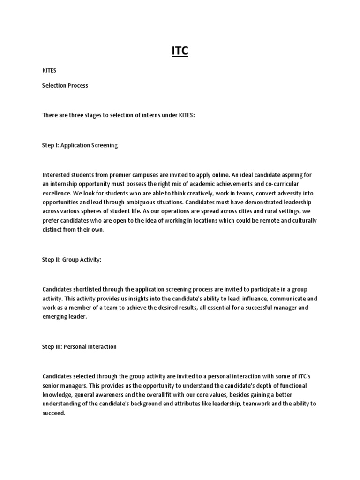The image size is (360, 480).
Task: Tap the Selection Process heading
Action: (x=65, y=86)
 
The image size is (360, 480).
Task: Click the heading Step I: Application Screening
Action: (x=80, y=145)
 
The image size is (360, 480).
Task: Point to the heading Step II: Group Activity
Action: (x=72, y=260)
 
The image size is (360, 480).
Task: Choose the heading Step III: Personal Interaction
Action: (x=79, y=347)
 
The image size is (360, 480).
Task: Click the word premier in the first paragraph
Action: (x=118, y=175)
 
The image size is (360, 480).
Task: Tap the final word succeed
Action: (x=54, y=412)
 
